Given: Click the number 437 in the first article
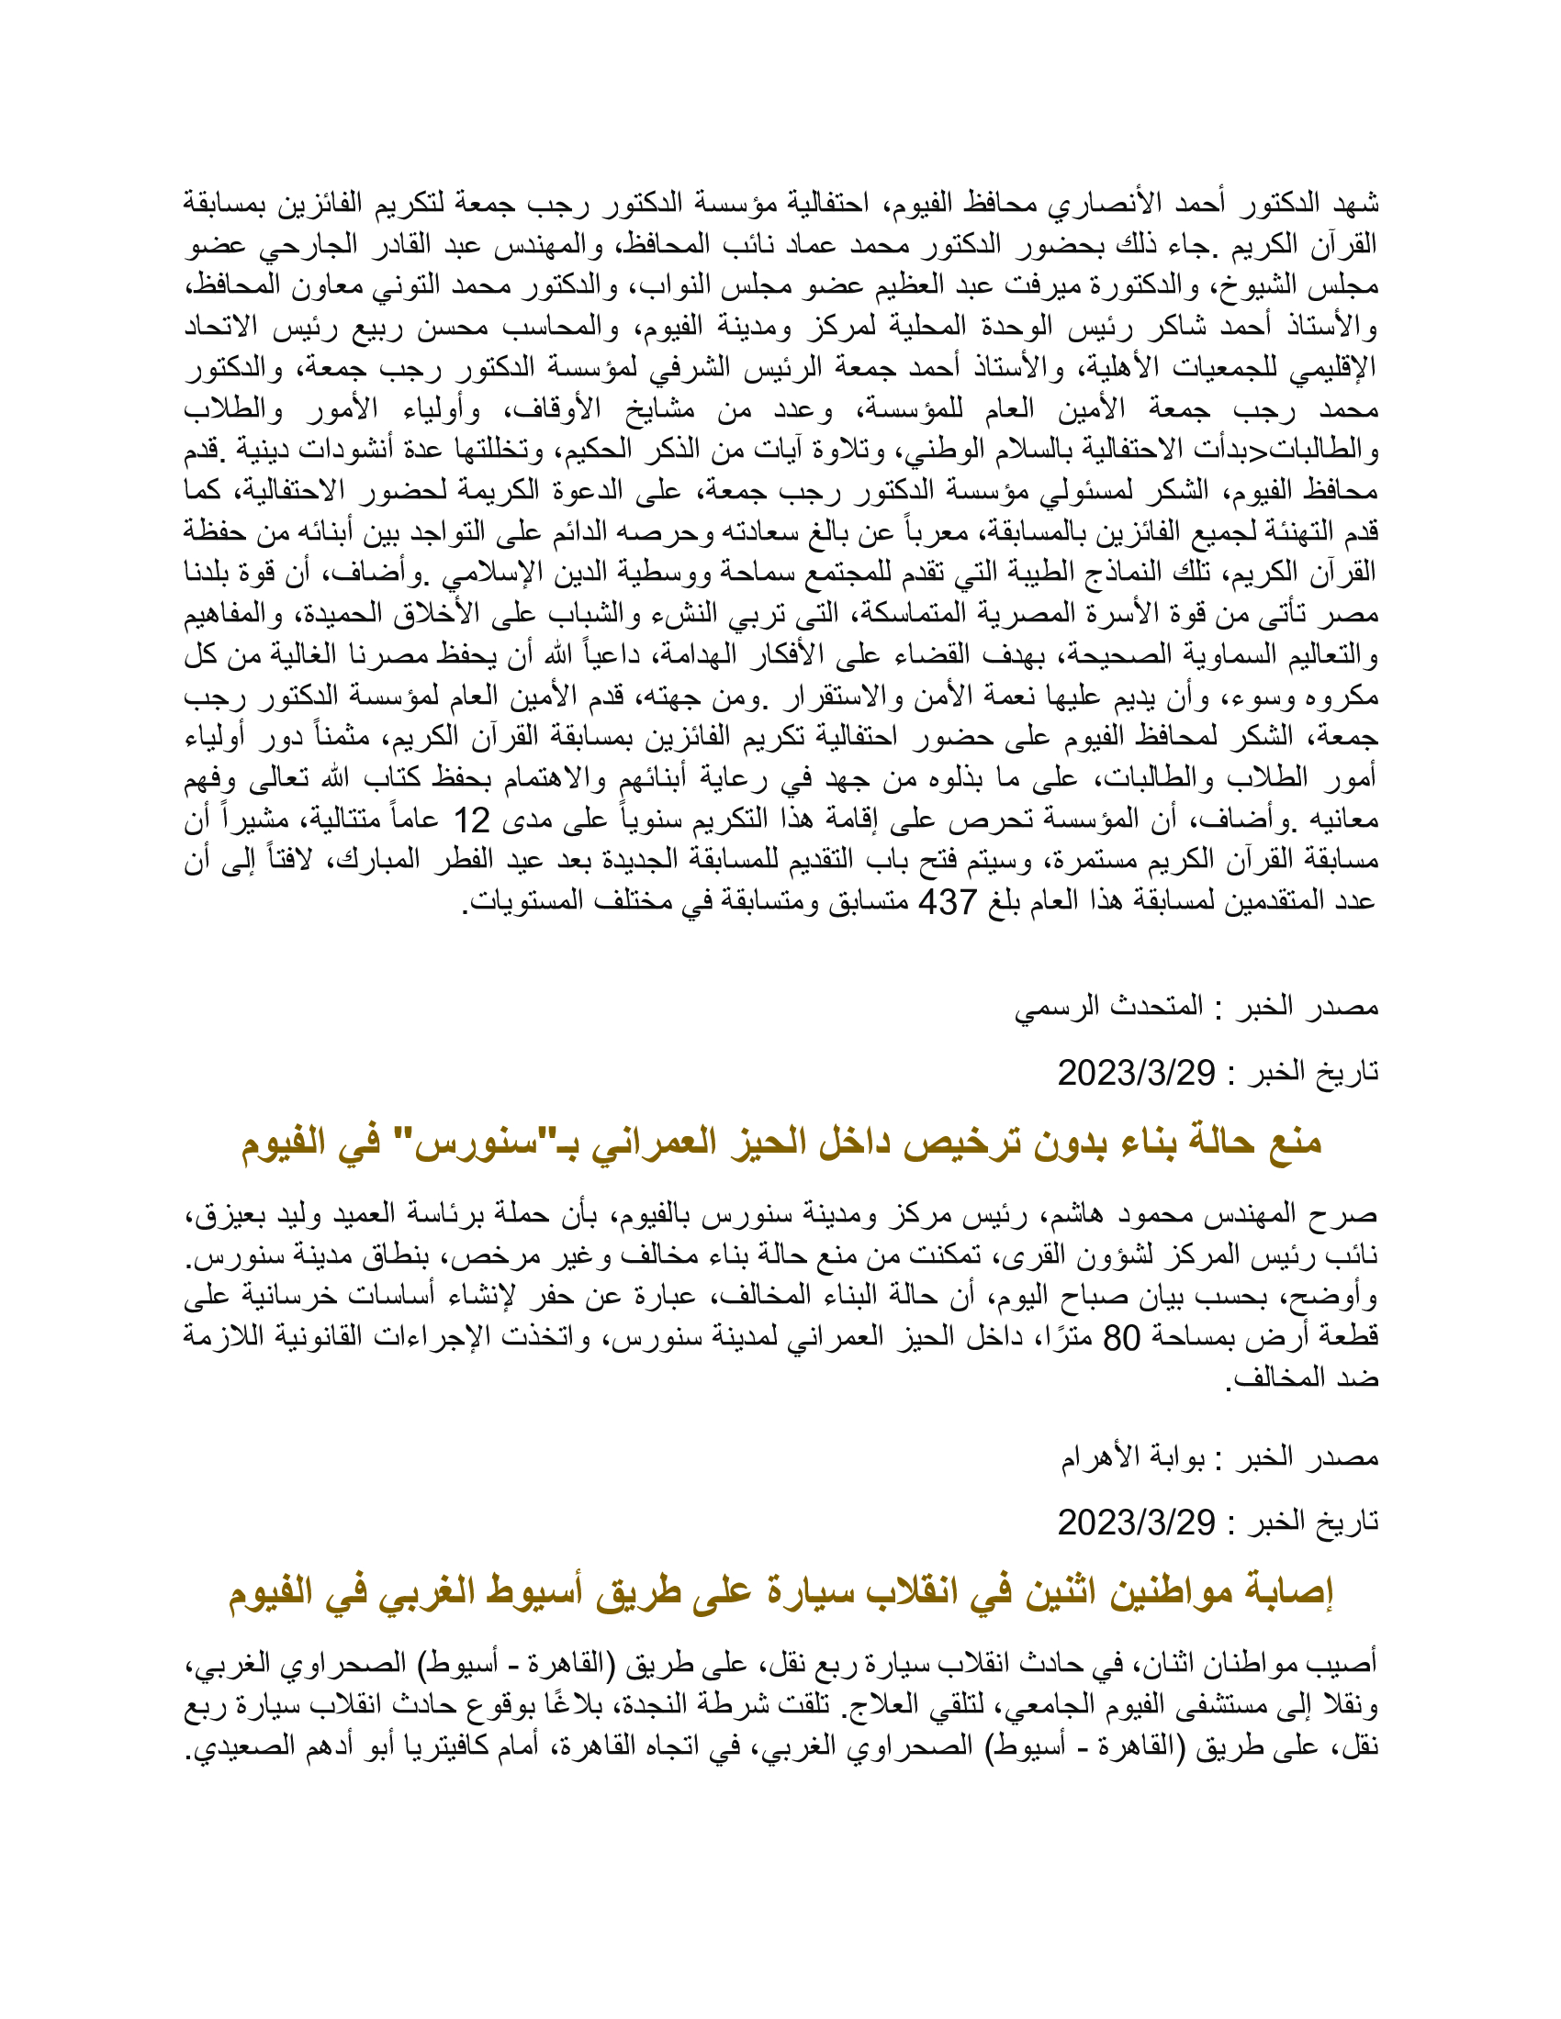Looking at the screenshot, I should tap(947, 901).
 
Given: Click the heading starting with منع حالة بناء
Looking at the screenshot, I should tap(781, 1143).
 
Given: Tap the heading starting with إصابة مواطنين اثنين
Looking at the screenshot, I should tap(781, 1592).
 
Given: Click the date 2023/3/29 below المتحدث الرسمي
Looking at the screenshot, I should tap(1136, 1074).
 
